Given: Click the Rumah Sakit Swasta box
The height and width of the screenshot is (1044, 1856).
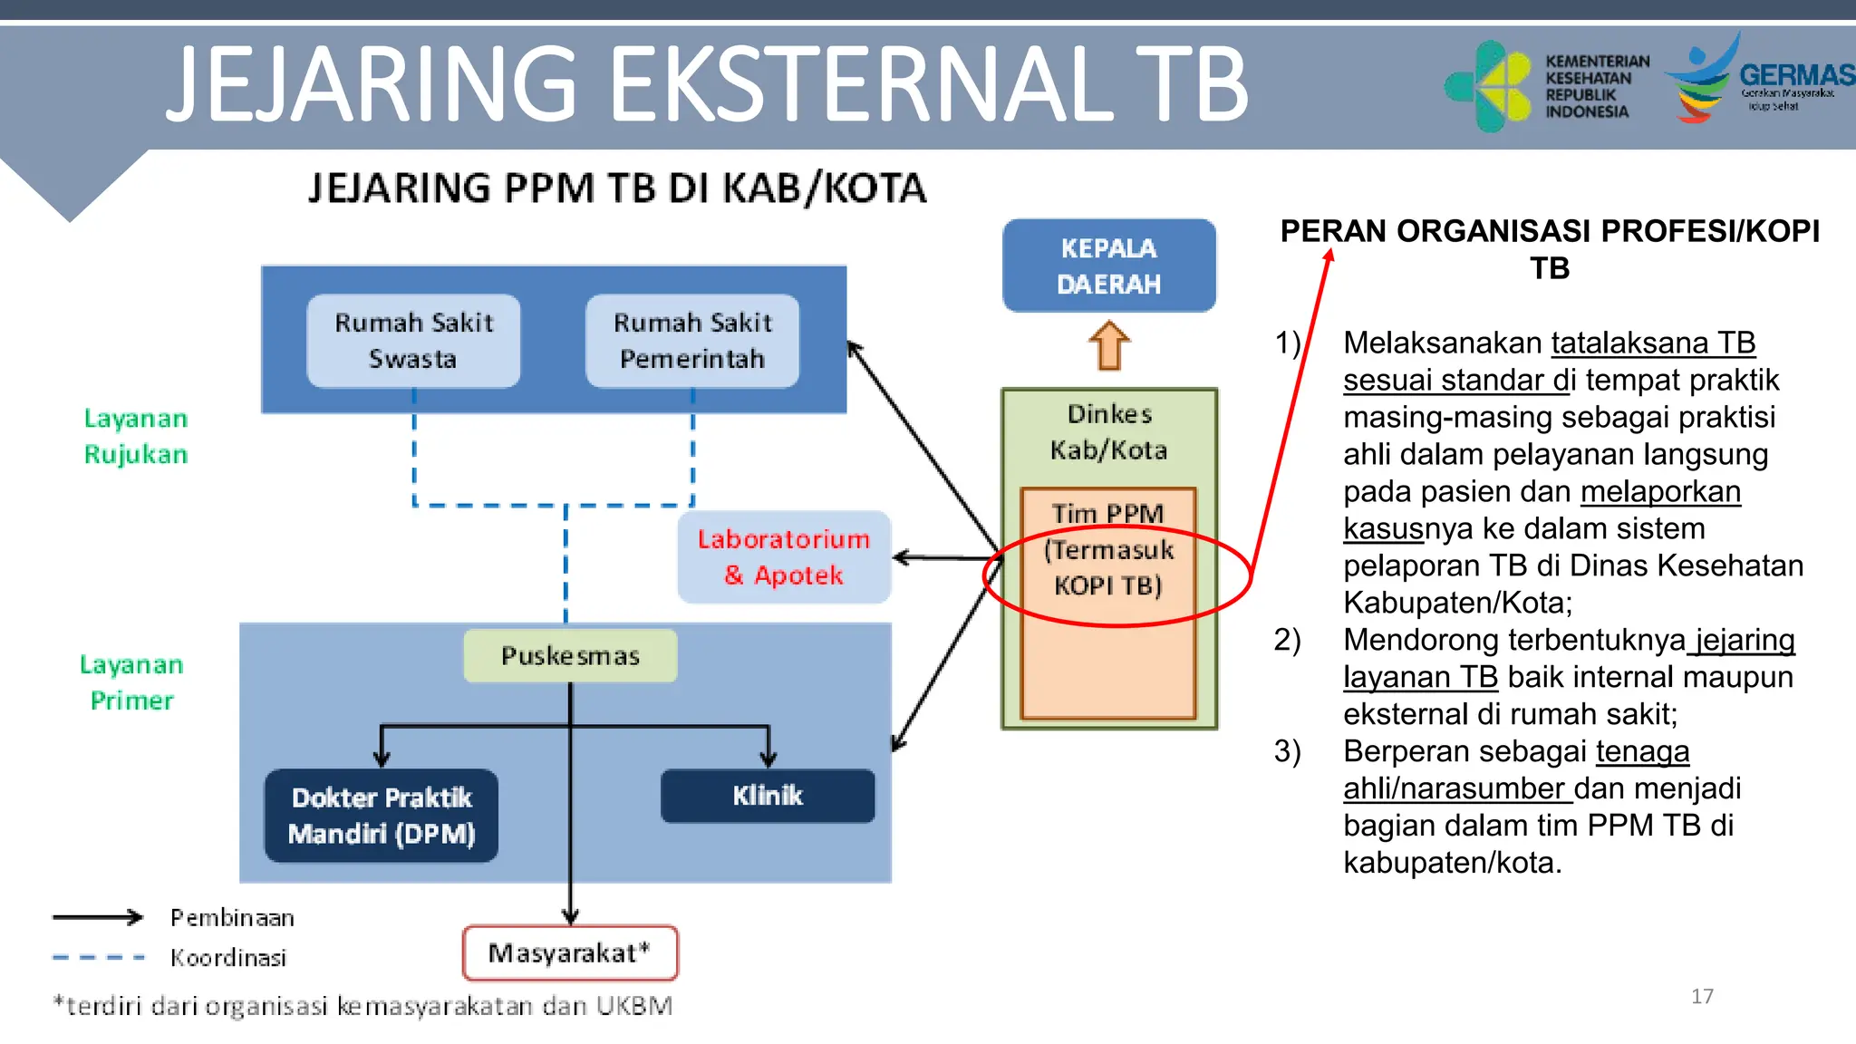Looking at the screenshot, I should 413,341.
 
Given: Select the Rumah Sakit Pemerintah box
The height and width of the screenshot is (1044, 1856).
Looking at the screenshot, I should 692,341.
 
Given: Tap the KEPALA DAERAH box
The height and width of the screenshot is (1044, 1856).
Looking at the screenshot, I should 1108,266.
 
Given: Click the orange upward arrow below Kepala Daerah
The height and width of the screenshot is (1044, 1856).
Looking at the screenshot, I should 1109,346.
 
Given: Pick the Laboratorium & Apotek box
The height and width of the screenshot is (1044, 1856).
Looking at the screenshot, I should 784,557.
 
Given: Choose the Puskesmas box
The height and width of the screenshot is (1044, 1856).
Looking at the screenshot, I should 570,655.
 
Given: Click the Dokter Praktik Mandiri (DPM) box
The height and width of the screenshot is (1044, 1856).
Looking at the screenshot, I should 382,815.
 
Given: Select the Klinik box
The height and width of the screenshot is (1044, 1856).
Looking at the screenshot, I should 768,796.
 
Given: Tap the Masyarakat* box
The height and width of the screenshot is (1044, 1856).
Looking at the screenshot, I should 570,952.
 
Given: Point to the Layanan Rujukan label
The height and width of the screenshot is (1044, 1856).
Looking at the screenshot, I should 136,436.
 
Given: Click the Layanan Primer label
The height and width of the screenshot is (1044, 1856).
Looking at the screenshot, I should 132,682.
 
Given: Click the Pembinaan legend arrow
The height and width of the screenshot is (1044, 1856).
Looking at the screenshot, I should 98,917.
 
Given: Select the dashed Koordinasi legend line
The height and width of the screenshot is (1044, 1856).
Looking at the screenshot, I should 98,957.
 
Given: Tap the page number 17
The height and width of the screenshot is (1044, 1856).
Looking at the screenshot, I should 1702,996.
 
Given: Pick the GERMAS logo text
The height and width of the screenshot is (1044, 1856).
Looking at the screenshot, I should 1796,74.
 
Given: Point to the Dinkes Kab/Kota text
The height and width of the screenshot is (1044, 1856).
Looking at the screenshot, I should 1108,432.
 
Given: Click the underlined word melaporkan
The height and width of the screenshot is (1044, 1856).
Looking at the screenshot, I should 1660,491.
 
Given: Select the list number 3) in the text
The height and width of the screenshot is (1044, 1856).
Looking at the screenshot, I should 1287,751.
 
